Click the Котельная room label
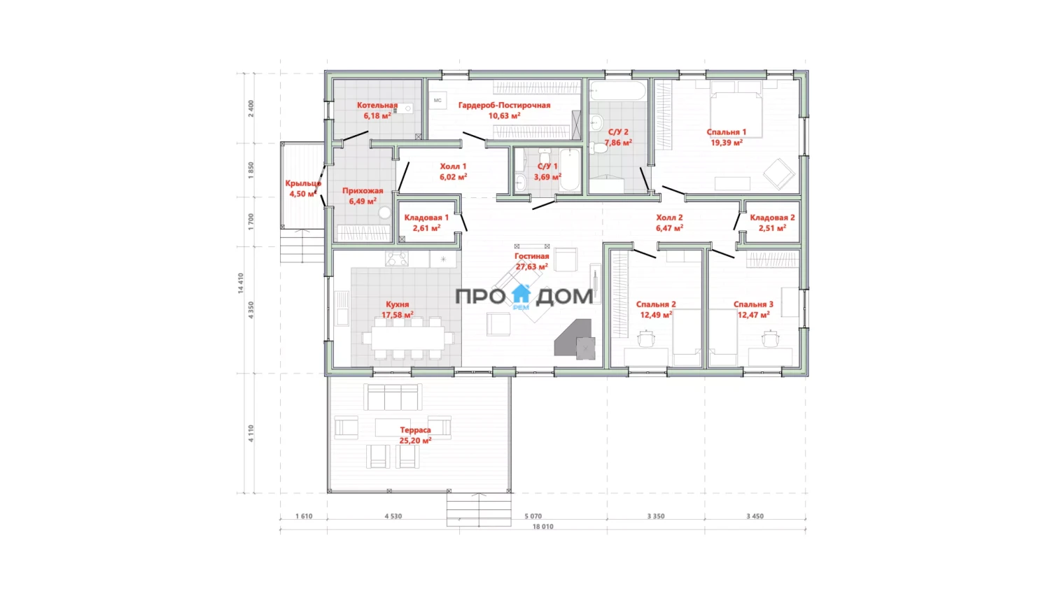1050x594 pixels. click(x=377, y=106)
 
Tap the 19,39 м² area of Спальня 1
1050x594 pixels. click(x=727, y=143)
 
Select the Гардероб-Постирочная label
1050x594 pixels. click(x=505, y=106)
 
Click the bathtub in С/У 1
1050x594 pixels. click(x=570, y=169)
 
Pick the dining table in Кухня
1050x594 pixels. click(x=408, y=337)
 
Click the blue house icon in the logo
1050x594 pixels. click(x=521, y=294)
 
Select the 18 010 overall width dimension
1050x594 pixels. click(x=542, y=527)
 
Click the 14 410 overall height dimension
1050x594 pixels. click(x=241, y=283)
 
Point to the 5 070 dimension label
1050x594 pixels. click(x=533, y=516)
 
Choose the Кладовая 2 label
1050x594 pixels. click(x=772, y=218)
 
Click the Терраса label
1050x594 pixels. click(x=415, y=430)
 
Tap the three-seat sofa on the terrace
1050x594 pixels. click(x=392, y=397)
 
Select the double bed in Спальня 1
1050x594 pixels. click(x=736, y=111)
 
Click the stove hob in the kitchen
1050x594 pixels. click(x=397, y=259)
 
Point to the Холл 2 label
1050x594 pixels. click(x=669, y=218)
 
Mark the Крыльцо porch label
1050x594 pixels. click(x=303, y=183)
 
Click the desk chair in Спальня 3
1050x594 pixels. click(x=770, y=339)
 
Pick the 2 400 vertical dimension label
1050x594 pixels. click(x=251, y=108)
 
